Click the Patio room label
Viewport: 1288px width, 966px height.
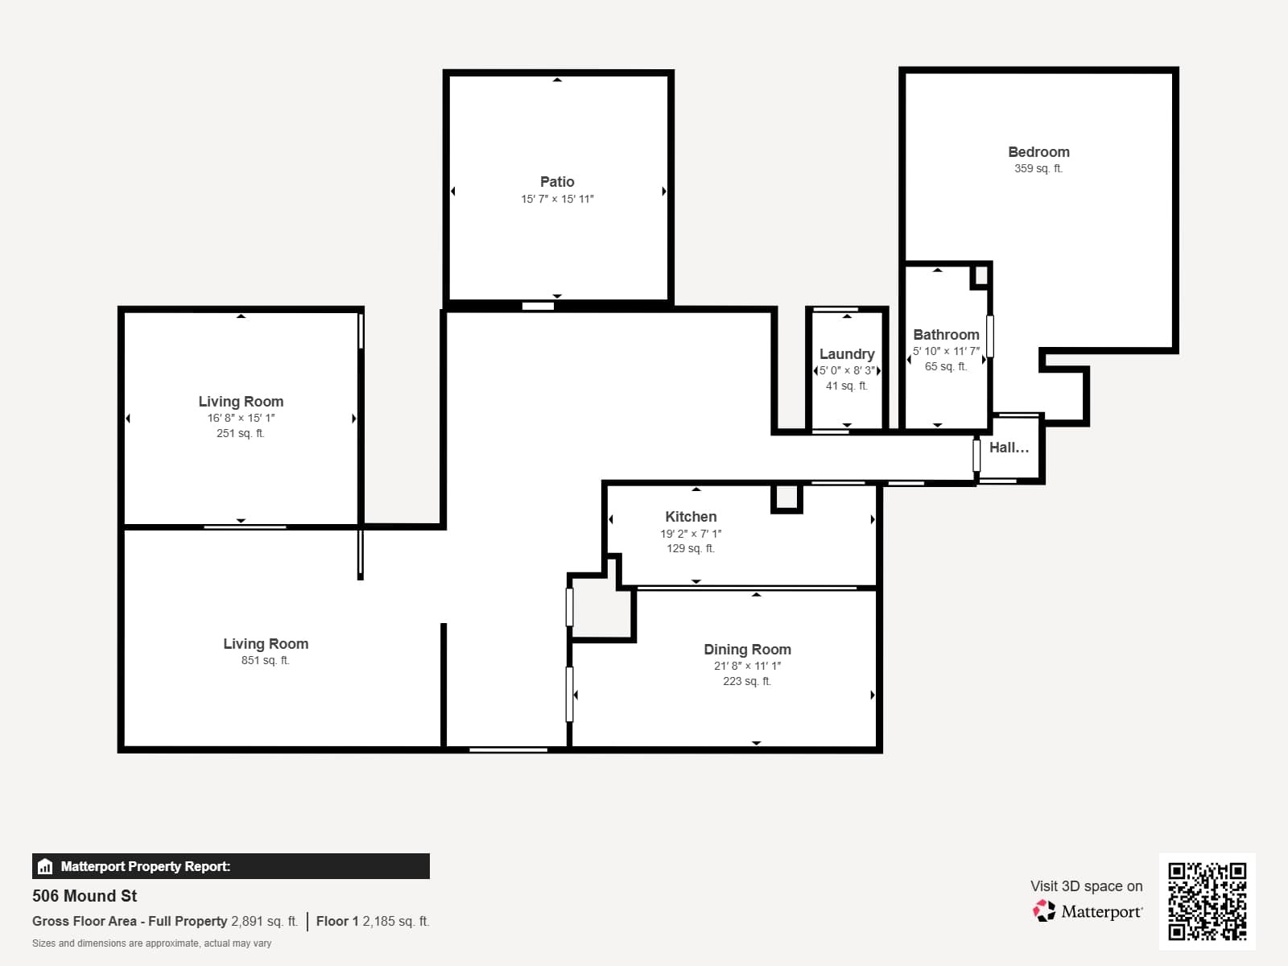[x=557, y=182]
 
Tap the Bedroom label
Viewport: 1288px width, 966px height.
[x=1038, y=152]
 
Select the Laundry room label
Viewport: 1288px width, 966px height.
[x=847, y=353]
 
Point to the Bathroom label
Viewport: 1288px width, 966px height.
[x=946, y=334]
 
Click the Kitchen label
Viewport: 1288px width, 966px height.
[x=691, y=517]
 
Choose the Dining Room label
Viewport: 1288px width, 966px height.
[x=747, y=650]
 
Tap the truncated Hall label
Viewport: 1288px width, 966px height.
[x=1009, y=448]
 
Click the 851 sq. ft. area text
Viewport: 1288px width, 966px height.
[x=265, y=660]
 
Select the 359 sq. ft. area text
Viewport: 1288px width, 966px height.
[x=1038, y=168]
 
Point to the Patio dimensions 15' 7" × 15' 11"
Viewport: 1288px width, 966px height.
[x=557, y=199]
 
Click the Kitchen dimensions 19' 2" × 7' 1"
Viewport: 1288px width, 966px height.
[x=691, y=534]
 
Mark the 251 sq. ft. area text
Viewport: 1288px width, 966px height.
[x=241, y=433]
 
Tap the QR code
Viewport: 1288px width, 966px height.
[x=1207, y=902]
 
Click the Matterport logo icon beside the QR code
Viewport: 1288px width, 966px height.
[x=1044, y=911]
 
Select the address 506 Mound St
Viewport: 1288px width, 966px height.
[x=85, y=896]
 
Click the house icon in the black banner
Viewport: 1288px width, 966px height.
[x=45, y=866]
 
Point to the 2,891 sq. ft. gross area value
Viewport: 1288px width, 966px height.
[x=264, y=921]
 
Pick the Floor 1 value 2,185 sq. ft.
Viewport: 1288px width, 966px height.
[x=395, y=921]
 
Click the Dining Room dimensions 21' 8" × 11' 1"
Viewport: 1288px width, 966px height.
[x=747, y=666]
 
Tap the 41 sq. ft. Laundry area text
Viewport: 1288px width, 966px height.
[x=846, y=386]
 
